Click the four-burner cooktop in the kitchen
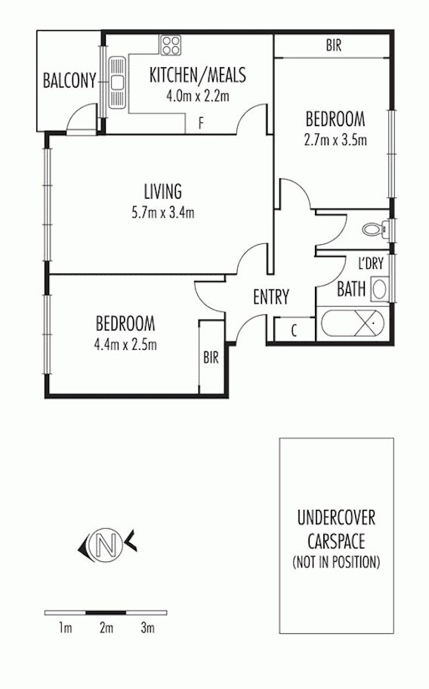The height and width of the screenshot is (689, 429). [171, 45]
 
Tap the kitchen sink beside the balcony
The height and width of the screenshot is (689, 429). [117, 82]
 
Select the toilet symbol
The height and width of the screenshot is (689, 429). [375, 228]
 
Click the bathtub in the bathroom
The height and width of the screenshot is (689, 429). [352, 324]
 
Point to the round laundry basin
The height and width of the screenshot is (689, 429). [379, 289]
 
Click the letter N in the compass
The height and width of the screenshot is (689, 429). [105, 545]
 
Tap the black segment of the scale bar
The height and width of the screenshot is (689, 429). [106, 612]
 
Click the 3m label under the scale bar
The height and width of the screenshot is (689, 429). [147, 628]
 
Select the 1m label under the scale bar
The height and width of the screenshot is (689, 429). [65, 628]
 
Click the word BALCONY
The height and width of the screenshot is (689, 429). [69, 80]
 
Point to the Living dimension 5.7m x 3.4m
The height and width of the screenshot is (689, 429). [163, 213]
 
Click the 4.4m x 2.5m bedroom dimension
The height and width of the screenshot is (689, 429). [125, 344]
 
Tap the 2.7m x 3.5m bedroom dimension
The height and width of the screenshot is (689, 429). [335, 140]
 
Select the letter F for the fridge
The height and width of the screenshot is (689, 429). [201, 123]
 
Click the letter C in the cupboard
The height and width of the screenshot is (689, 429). [294, 329]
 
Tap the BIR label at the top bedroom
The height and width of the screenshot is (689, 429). [334, 45]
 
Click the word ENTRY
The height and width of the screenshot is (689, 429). [271, 297]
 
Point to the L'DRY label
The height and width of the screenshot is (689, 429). [371, 263]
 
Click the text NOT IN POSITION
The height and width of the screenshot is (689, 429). [336, 561]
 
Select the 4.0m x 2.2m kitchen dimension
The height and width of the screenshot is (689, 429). [198, 95]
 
